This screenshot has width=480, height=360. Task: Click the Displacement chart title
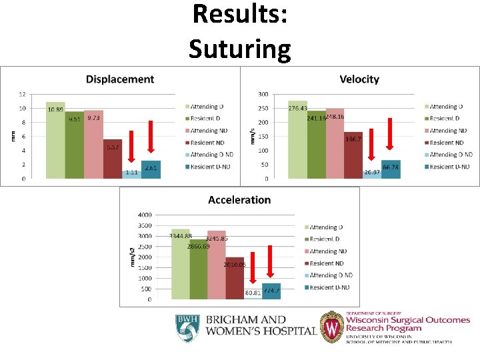click(x=120, y=79)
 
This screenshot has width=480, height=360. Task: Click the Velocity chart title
click(x=359, y=79)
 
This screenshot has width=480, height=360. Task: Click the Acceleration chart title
click(x=239, y=200)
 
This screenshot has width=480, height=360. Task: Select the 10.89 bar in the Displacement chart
click(x=55, y=141)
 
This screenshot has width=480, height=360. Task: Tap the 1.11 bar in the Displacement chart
click(x=131, y=175)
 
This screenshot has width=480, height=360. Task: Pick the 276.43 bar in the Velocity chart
click(x=297, y=140)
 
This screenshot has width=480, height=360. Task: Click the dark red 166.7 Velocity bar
click(x=353, y=155)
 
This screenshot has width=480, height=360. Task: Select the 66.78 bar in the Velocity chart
click(x=391, y=169)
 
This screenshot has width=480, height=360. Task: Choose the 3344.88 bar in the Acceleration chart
click(x=181, y=264)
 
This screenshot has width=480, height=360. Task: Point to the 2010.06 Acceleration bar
click(x=235, y=278)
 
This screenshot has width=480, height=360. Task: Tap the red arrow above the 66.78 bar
click(x=391, y=134)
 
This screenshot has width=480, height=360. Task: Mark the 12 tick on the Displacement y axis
click(x=22, y=94)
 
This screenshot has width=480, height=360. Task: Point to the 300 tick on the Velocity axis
click(x=263, y=94)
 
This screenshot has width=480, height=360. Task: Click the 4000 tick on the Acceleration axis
click(x=145, y=215)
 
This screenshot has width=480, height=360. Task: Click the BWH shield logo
click(x=187, y=329)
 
